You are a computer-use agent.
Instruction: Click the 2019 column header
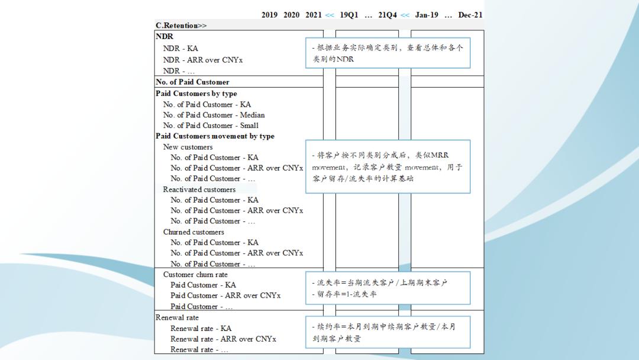tap(269, 15)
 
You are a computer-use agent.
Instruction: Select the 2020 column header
tap(291, 15)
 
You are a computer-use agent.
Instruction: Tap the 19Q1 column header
tap(349, 15)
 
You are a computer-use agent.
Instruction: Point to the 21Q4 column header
tap(388, 15)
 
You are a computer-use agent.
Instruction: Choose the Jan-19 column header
tap(427, 15)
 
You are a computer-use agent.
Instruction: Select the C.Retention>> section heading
tap(181, 25)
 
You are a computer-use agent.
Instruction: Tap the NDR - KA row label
tap(180, 49)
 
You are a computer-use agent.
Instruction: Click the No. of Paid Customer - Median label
tap(214, 115)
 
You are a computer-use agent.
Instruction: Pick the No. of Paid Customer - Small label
tap(211, 126)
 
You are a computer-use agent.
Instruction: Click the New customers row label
tap(188, 147)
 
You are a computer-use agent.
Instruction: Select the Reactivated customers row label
tap(199, 189)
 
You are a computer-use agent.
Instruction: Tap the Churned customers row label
tap(193, 232)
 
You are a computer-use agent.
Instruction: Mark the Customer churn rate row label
tap(195, 275)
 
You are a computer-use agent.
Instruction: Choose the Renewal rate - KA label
tap(201, 329)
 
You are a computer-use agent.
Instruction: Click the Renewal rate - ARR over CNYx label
tap(223, 339)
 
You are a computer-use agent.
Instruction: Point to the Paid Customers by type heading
tap(196, 94)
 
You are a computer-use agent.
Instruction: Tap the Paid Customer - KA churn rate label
tap(203, 285)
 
